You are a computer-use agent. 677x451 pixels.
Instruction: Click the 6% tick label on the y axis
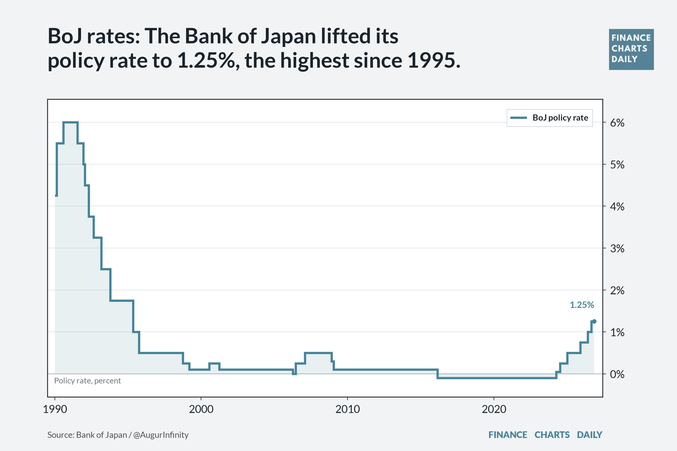[617, 123]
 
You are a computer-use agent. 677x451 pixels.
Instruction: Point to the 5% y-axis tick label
[617, 165]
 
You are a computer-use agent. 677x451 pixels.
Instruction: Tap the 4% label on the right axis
[617, 207]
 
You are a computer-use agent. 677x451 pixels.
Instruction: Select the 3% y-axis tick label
[617, 249]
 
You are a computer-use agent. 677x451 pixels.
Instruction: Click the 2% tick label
[617, 291]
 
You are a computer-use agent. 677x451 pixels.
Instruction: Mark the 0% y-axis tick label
[617, 374]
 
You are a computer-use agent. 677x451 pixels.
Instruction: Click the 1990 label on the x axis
[55, 409]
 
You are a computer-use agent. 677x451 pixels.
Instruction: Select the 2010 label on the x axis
[347, 409]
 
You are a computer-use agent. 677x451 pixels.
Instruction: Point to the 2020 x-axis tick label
[494, 409]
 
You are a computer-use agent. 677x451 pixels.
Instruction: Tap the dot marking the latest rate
[594, 321]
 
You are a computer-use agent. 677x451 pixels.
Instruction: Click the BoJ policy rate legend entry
[550, 118]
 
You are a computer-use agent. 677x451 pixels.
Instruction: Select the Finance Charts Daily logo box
[631, 49]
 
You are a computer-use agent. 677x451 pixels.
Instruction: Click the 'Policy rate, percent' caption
[87, 381]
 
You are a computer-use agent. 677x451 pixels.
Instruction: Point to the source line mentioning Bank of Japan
[118, 435]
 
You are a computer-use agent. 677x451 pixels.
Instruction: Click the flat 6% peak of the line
[71, 122]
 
